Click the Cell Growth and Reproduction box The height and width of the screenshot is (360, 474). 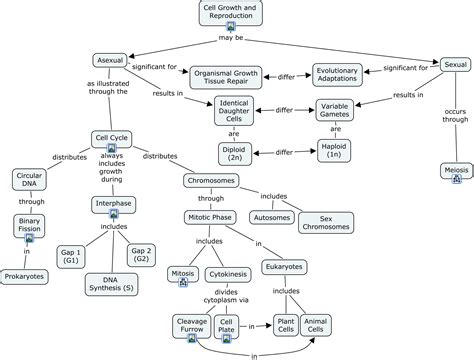click(x=231, y=13)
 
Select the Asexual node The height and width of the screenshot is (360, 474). click(x=110, y=60)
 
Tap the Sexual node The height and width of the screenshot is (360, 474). click(x=455, y=65)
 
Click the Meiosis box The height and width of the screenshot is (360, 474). click(x=456, y=170)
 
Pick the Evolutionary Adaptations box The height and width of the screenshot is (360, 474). click(x=337, y=75)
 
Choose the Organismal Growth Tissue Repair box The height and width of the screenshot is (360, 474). click(x=226, y=77)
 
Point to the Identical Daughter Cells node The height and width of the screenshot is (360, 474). click(x=234, y=111)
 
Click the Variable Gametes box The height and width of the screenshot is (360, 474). click(x=334, y=110)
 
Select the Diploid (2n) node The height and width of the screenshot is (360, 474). click(x=235, y=154)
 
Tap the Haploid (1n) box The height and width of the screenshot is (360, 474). click(x=334, y=151)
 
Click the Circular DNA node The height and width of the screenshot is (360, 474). click(x=29, y=179)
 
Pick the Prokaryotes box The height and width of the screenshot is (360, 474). click(x=24, y=277)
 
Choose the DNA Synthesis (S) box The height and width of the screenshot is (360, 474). click(x=111, y=284)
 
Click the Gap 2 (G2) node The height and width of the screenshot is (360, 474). click(x=141, y=255)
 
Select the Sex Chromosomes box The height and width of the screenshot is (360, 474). click(x=326, y=223)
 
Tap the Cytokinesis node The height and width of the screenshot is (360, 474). click(x=228, y=274)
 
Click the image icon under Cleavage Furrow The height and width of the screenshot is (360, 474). click(x=192, y=338)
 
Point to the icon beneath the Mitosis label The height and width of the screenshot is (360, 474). click(x=183, y=282)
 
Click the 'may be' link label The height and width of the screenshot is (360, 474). click(x=231, y=38)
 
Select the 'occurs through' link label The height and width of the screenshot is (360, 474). click(x=455, y=115)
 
